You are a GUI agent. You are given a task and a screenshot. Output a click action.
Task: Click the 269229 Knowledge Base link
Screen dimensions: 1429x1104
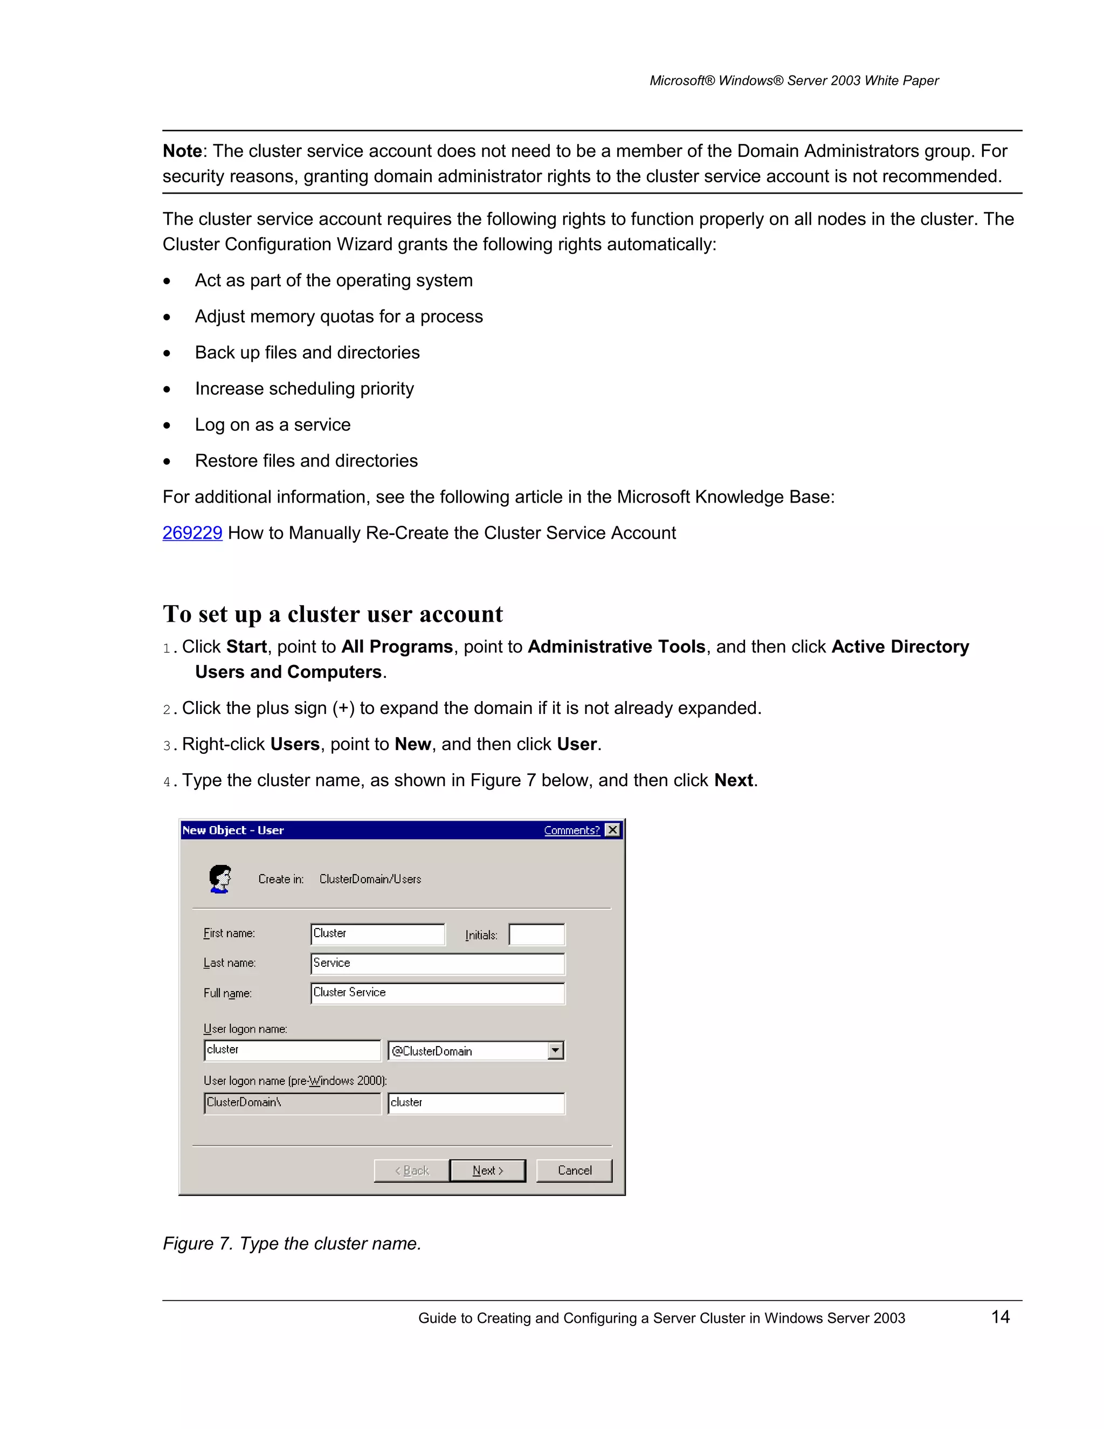pyautogui.click(x=192, y=533)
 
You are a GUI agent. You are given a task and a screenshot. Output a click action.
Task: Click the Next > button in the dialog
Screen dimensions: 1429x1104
pyautogui.click(x=487, y=1171)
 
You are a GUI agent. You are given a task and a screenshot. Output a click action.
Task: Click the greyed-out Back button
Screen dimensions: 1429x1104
pyautogui.click(x=411, y=1171)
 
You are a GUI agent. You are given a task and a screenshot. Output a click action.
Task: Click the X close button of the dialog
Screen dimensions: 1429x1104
pyautogui.click(x=613, y=830)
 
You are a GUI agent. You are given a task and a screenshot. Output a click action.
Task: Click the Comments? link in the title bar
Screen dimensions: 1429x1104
pyautogui.click(x=571, y=830)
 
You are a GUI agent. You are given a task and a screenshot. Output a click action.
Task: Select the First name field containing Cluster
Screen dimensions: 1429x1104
pyautogui.click(x=377, y=933)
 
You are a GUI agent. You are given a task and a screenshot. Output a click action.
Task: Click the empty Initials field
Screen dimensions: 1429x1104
pyautogui.click(x=536, y=935)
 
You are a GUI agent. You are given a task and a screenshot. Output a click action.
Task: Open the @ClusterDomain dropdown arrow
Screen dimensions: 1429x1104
pyautogui.click(x=555, y=1051)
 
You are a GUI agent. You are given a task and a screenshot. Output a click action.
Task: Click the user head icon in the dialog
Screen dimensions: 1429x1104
pyautogui.click(x=220, y=879)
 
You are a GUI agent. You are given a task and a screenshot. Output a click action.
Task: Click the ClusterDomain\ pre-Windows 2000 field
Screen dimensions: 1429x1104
pyautogui.click(x=292, y=1103)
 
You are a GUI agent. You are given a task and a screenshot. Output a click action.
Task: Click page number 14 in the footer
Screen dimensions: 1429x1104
pyautogui.click(x=1000, y=1317)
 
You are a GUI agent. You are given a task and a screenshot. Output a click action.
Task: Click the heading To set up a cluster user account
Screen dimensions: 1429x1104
pyautogui.click(x=332, y=614)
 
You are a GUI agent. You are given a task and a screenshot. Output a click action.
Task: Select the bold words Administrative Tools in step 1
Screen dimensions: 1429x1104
pyautogui.click(x=616, y=647)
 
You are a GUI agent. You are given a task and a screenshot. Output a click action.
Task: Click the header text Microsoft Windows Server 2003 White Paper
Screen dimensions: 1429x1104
pyautogui.click(x=793, y=80)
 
